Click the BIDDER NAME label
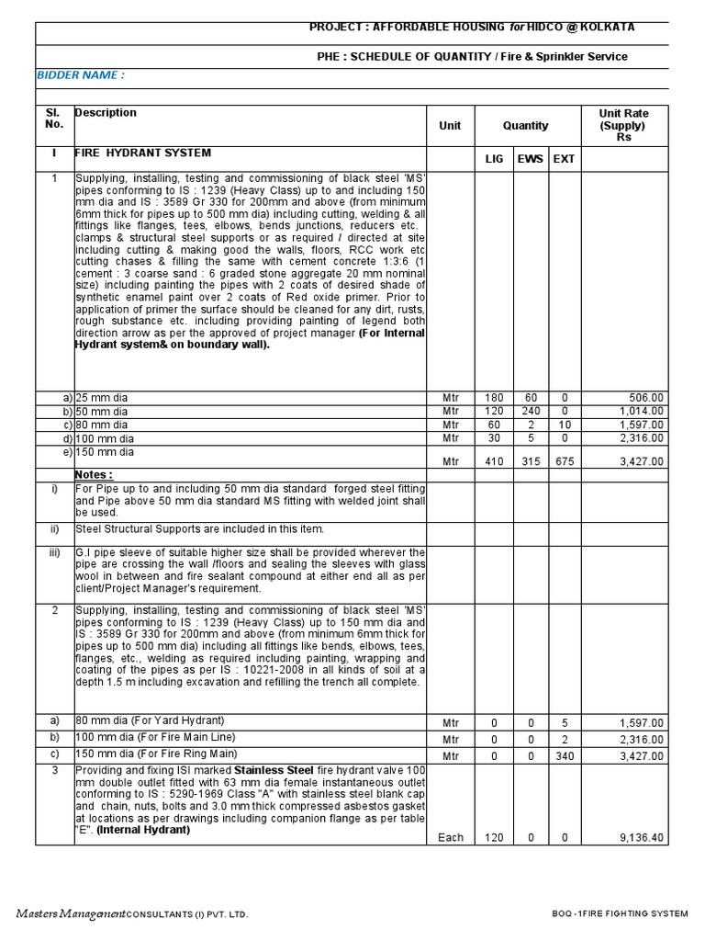pyautogui.click(x=80, y=74)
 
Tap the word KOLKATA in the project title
pyautogui.click(x=602, y=28)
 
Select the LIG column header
pyautogui.click(x=495, y=159)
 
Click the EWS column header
pyautogui.click(x=530, y=159)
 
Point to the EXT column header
pyautogui.click(x=564, y=159)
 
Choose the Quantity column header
pyautogui.click(x=525, y=126)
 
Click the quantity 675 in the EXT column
pyautogui.click(x=564, y=461)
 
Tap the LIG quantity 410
pyautogui.click(x=495, y=461)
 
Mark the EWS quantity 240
pyautogui.click(x=530, y=412)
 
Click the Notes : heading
pyautogui.click(x=94, y=475)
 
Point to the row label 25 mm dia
pyautogui.click(x=102, y=398)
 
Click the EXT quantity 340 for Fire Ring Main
pyautogui.click(x=564, y=756)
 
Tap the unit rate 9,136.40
pyautogui.click(x=642, y=838)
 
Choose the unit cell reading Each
pyautogui.click(x=450, y=838)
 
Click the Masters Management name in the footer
pyautogui.click(x=70, y=913)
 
